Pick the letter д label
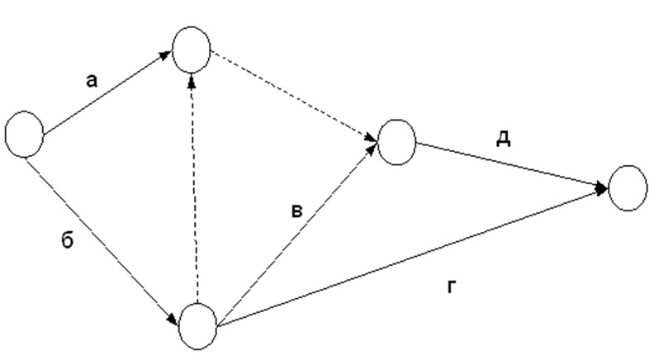coord(501,139)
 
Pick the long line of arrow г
coord(413,257)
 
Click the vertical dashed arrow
coord(195,190)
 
